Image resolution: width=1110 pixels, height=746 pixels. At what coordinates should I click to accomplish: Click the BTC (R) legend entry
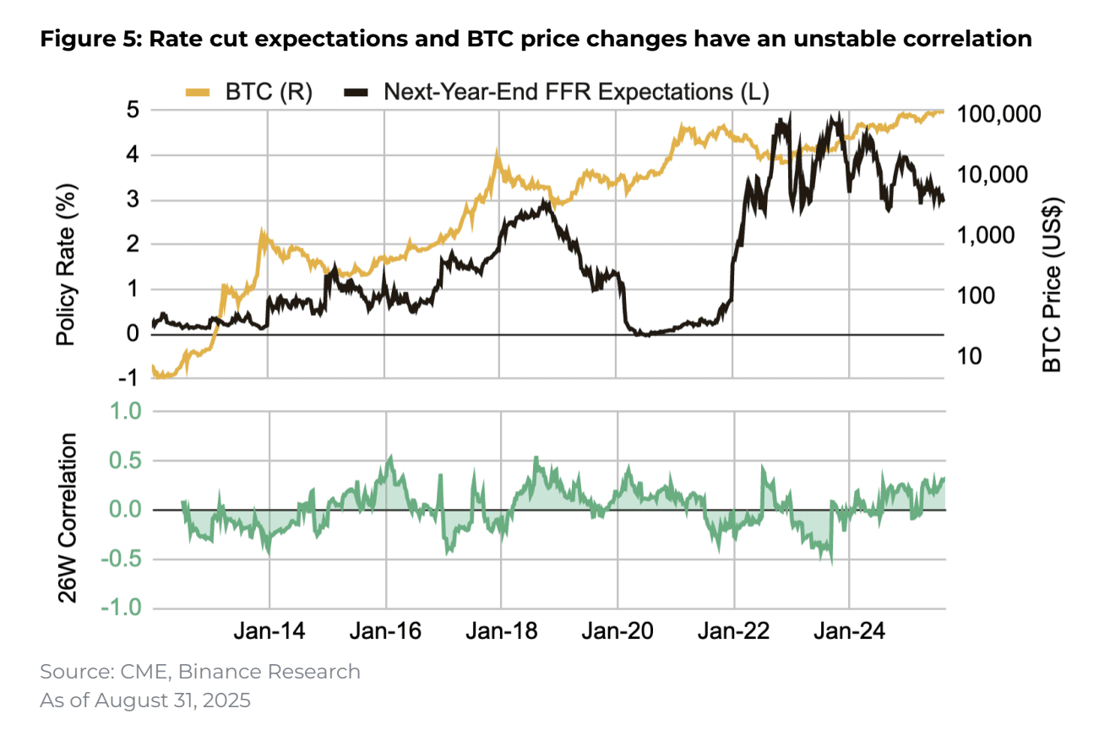(x=248, y=93)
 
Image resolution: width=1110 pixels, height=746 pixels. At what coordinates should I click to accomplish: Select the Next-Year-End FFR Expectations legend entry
(x=558, y=93)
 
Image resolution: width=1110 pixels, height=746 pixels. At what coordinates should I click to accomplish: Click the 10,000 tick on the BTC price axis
(x=995, y=175)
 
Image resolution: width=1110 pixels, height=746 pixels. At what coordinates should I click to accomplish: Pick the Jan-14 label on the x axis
(x=269, y=632)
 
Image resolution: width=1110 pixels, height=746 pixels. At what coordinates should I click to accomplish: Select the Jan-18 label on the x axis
(x=501, y=632)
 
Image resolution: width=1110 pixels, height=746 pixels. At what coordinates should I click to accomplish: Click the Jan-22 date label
(x=733, y=632)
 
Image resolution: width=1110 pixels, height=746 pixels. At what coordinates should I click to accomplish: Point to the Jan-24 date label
(x=849, y=632)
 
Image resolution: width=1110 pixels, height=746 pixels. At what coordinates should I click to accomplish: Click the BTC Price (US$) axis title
(x=1052, y=284)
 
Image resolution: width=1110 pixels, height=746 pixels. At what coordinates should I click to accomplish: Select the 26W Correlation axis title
(x=68, y=517)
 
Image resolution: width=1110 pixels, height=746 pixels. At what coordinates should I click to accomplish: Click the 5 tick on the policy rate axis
(x=133, y=111)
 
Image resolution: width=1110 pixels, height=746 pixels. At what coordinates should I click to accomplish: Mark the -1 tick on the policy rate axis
(x=128, y=379)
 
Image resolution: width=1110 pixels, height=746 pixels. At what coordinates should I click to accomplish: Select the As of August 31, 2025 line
(x=145, y=700)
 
